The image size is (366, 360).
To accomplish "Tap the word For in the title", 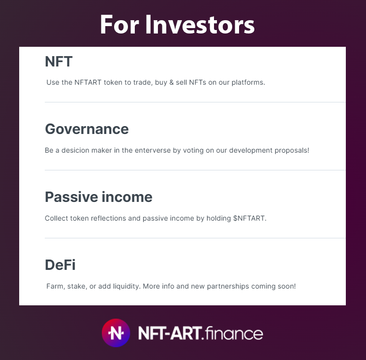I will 120,25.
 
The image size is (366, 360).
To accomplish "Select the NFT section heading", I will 59,62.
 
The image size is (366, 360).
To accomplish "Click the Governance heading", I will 87,129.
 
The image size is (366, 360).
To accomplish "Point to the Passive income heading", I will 98,197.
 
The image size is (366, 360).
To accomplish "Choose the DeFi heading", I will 60,265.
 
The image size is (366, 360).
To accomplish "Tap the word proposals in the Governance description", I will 292,150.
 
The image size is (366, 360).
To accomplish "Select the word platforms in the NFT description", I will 249,82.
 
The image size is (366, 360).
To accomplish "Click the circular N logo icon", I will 116,333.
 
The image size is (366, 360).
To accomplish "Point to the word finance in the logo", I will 233,333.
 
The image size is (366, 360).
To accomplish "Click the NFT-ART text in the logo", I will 170,333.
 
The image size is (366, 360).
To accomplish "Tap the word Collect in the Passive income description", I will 57,218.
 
